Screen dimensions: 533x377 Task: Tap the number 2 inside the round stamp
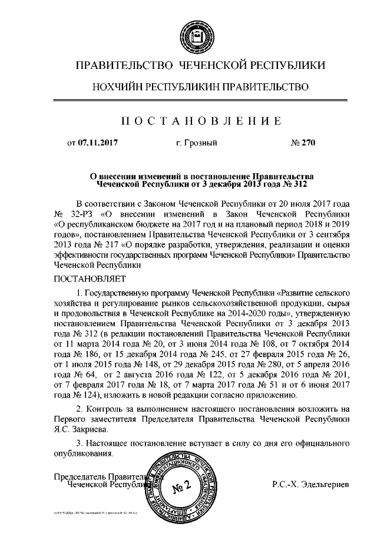(x=186, y=486)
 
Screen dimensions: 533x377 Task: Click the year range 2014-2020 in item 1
(x=242, y=313)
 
